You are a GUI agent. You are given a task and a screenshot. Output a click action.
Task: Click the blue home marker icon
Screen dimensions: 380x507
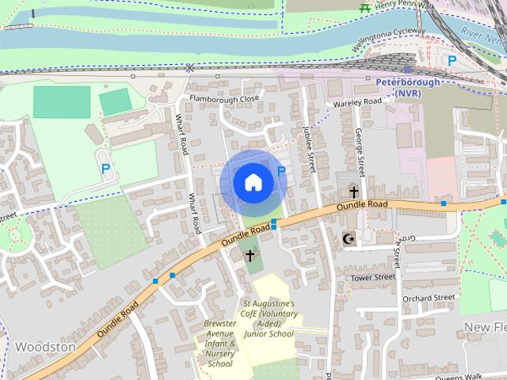(x=253, y=182)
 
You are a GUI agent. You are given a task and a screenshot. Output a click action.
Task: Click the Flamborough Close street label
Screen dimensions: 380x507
(x=224, y=99)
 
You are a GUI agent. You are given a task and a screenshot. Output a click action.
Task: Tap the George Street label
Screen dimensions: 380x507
(x=360, y=153)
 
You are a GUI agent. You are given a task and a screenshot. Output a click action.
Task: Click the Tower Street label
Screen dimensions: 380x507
(x=372, y=277)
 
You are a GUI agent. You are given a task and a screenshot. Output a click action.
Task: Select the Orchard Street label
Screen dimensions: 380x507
(x=428, y=298)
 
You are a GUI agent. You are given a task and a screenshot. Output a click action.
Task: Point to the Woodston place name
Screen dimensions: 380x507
(x=45, y=347)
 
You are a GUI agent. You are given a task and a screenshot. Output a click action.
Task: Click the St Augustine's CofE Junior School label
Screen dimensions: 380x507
(x=269, y=318)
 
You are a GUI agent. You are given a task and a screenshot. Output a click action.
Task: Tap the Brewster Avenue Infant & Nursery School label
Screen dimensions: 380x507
(x=220, y=344)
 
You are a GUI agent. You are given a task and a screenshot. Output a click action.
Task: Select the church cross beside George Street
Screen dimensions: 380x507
(x=353, y=192)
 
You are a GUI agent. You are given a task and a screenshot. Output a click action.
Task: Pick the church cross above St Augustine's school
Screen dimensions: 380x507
(x=250, y=255)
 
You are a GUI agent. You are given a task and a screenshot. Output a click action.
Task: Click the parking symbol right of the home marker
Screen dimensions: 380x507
(x=280, y=171)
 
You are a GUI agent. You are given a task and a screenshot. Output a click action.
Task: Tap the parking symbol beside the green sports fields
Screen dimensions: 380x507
(x=105, y=167)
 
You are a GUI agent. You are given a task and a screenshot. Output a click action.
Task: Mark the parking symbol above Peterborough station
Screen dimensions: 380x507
(x=452, y=60)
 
